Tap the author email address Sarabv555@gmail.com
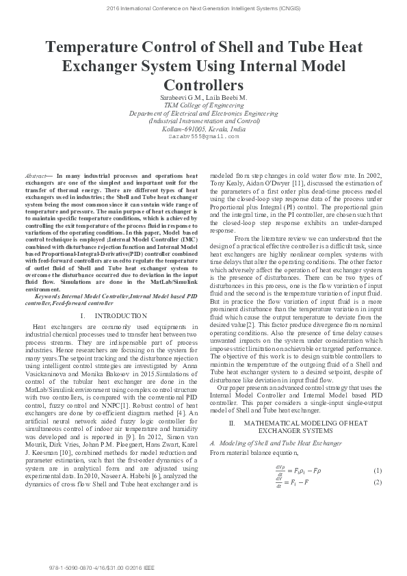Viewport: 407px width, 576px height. pyautogui.click(x=203, y=136)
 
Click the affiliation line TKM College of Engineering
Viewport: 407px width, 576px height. pyautogui.click(x=203, y=105)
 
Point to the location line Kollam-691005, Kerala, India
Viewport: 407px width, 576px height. pyautogui.click(x=203, y=128)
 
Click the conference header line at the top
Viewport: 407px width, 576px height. pyautogui.click(x=203, y=8)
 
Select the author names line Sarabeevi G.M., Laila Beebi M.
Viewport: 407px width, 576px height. pyautogui.click(x=203, y=98)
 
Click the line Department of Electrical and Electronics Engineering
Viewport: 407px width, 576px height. pyautogui.click(x=203, y=113)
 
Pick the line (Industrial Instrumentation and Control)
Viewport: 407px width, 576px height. pyautogui.click(x=203, y=120)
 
